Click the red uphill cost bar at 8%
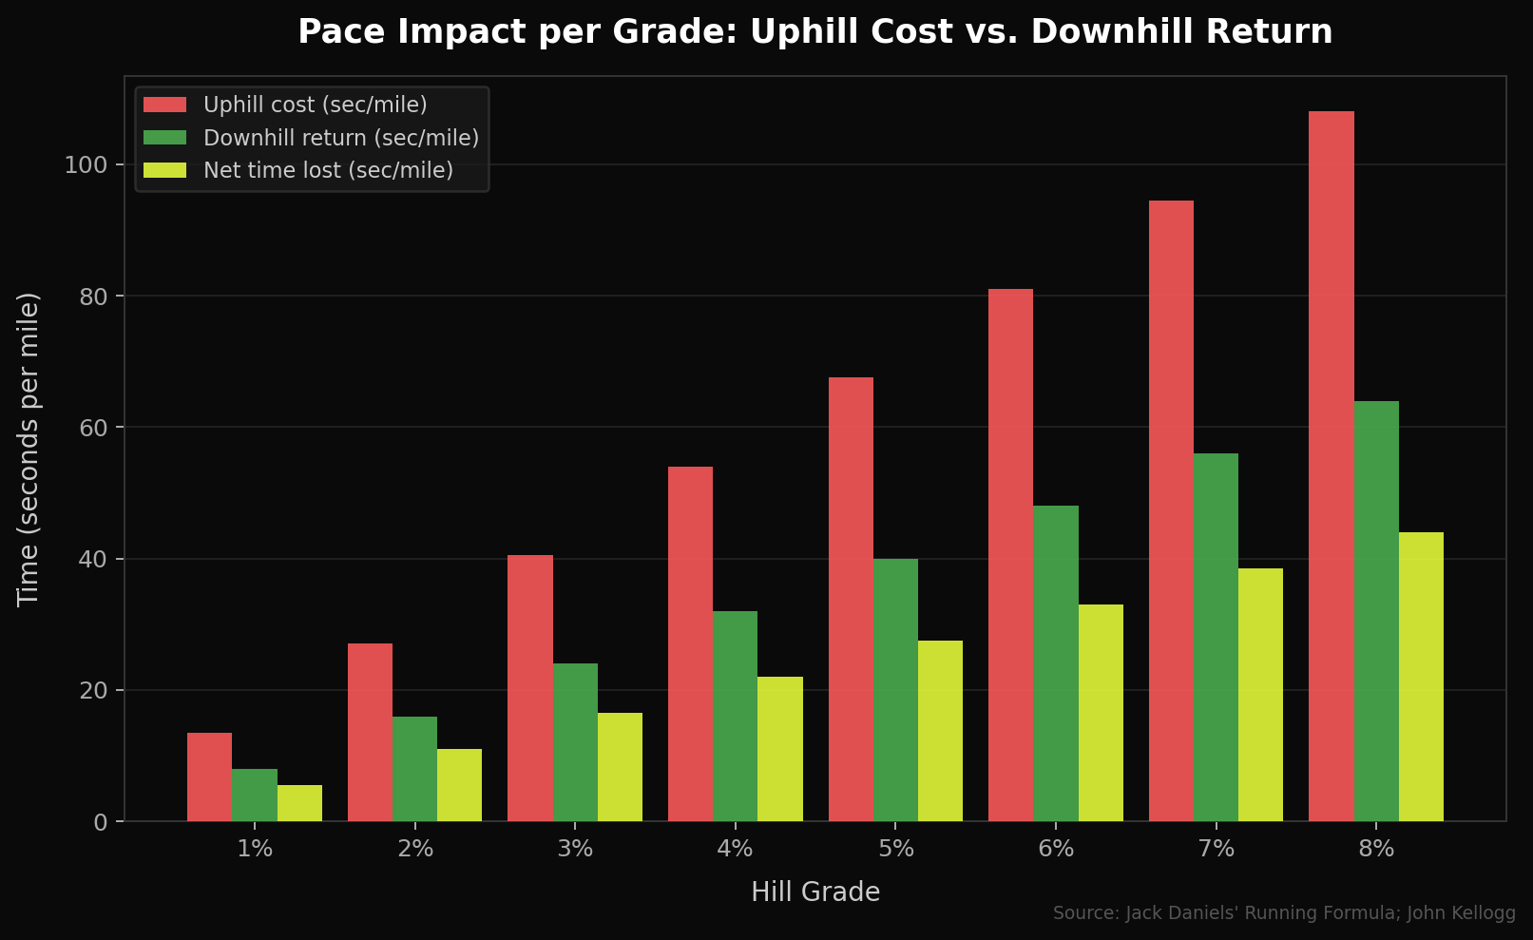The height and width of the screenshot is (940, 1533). pos(1331,466)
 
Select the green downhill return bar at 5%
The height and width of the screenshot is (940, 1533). pos(895,689)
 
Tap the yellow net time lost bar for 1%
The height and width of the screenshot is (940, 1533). pos(299,803)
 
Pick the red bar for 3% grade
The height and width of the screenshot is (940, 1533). pos(529,687)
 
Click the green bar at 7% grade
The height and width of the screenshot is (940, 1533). pos(1216,637)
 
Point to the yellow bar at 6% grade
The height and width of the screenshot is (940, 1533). pos(1101,713)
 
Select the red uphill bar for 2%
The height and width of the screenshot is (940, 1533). pos(370,732)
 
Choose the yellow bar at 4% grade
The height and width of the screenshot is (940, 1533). pos(779,749)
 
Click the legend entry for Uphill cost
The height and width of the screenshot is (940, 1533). pos(315,105)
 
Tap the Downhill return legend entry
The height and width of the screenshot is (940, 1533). pos(340,138)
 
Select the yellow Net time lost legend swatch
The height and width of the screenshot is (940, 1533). pos(164,170)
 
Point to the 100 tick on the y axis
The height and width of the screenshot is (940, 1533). pos(85,165)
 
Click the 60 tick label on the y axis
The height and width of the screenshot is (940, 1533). pos(93,428)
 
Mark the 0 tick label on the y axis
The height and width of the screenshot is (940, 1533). pos(101,821)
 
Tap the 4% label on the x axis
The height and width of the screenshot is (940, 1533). pos(735,849)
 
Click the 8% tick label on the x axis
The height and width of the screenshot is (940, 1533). pos(1375,849)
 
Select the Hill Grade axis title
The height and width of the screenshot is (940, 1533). pos(814,892)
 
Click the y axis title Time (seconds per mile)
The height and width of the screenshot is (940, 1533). pos(29,449)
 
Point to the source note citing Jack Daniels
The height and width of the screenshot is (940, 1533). pos(1283,913)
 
